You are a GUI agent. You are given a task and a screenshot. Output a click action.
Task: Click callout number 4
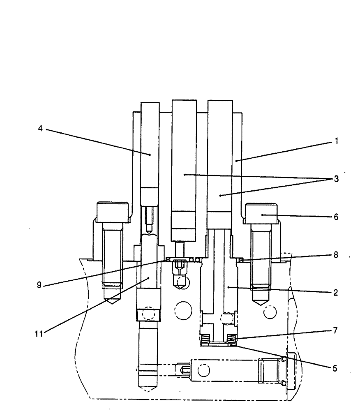click(x=40, y=128)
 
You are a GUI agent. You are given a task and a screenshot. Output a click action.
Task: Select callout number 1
click(x=336, y=141)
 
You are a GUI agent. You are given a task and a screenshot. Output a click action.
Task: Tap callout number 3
click(x=336, y=179)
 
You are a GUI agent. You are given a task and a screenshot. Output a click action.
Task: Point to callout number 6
click(x=336, y=217)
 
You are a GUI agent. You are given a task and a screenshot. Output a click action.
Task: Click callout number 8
click(x=336, y=255)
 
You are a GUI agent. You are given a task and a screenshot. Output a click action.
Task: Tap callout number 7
click(x=336, y=330)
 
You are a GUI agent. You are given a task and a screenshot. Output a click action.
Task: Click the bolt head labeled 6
click(x=262, y=212)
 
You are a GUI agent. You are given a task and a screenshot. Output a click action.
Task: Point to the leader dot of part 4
click(x=150, y=155)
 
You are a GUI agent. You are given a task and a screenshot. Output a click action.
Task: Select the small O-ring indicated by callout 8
click(x=242, y=260)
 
